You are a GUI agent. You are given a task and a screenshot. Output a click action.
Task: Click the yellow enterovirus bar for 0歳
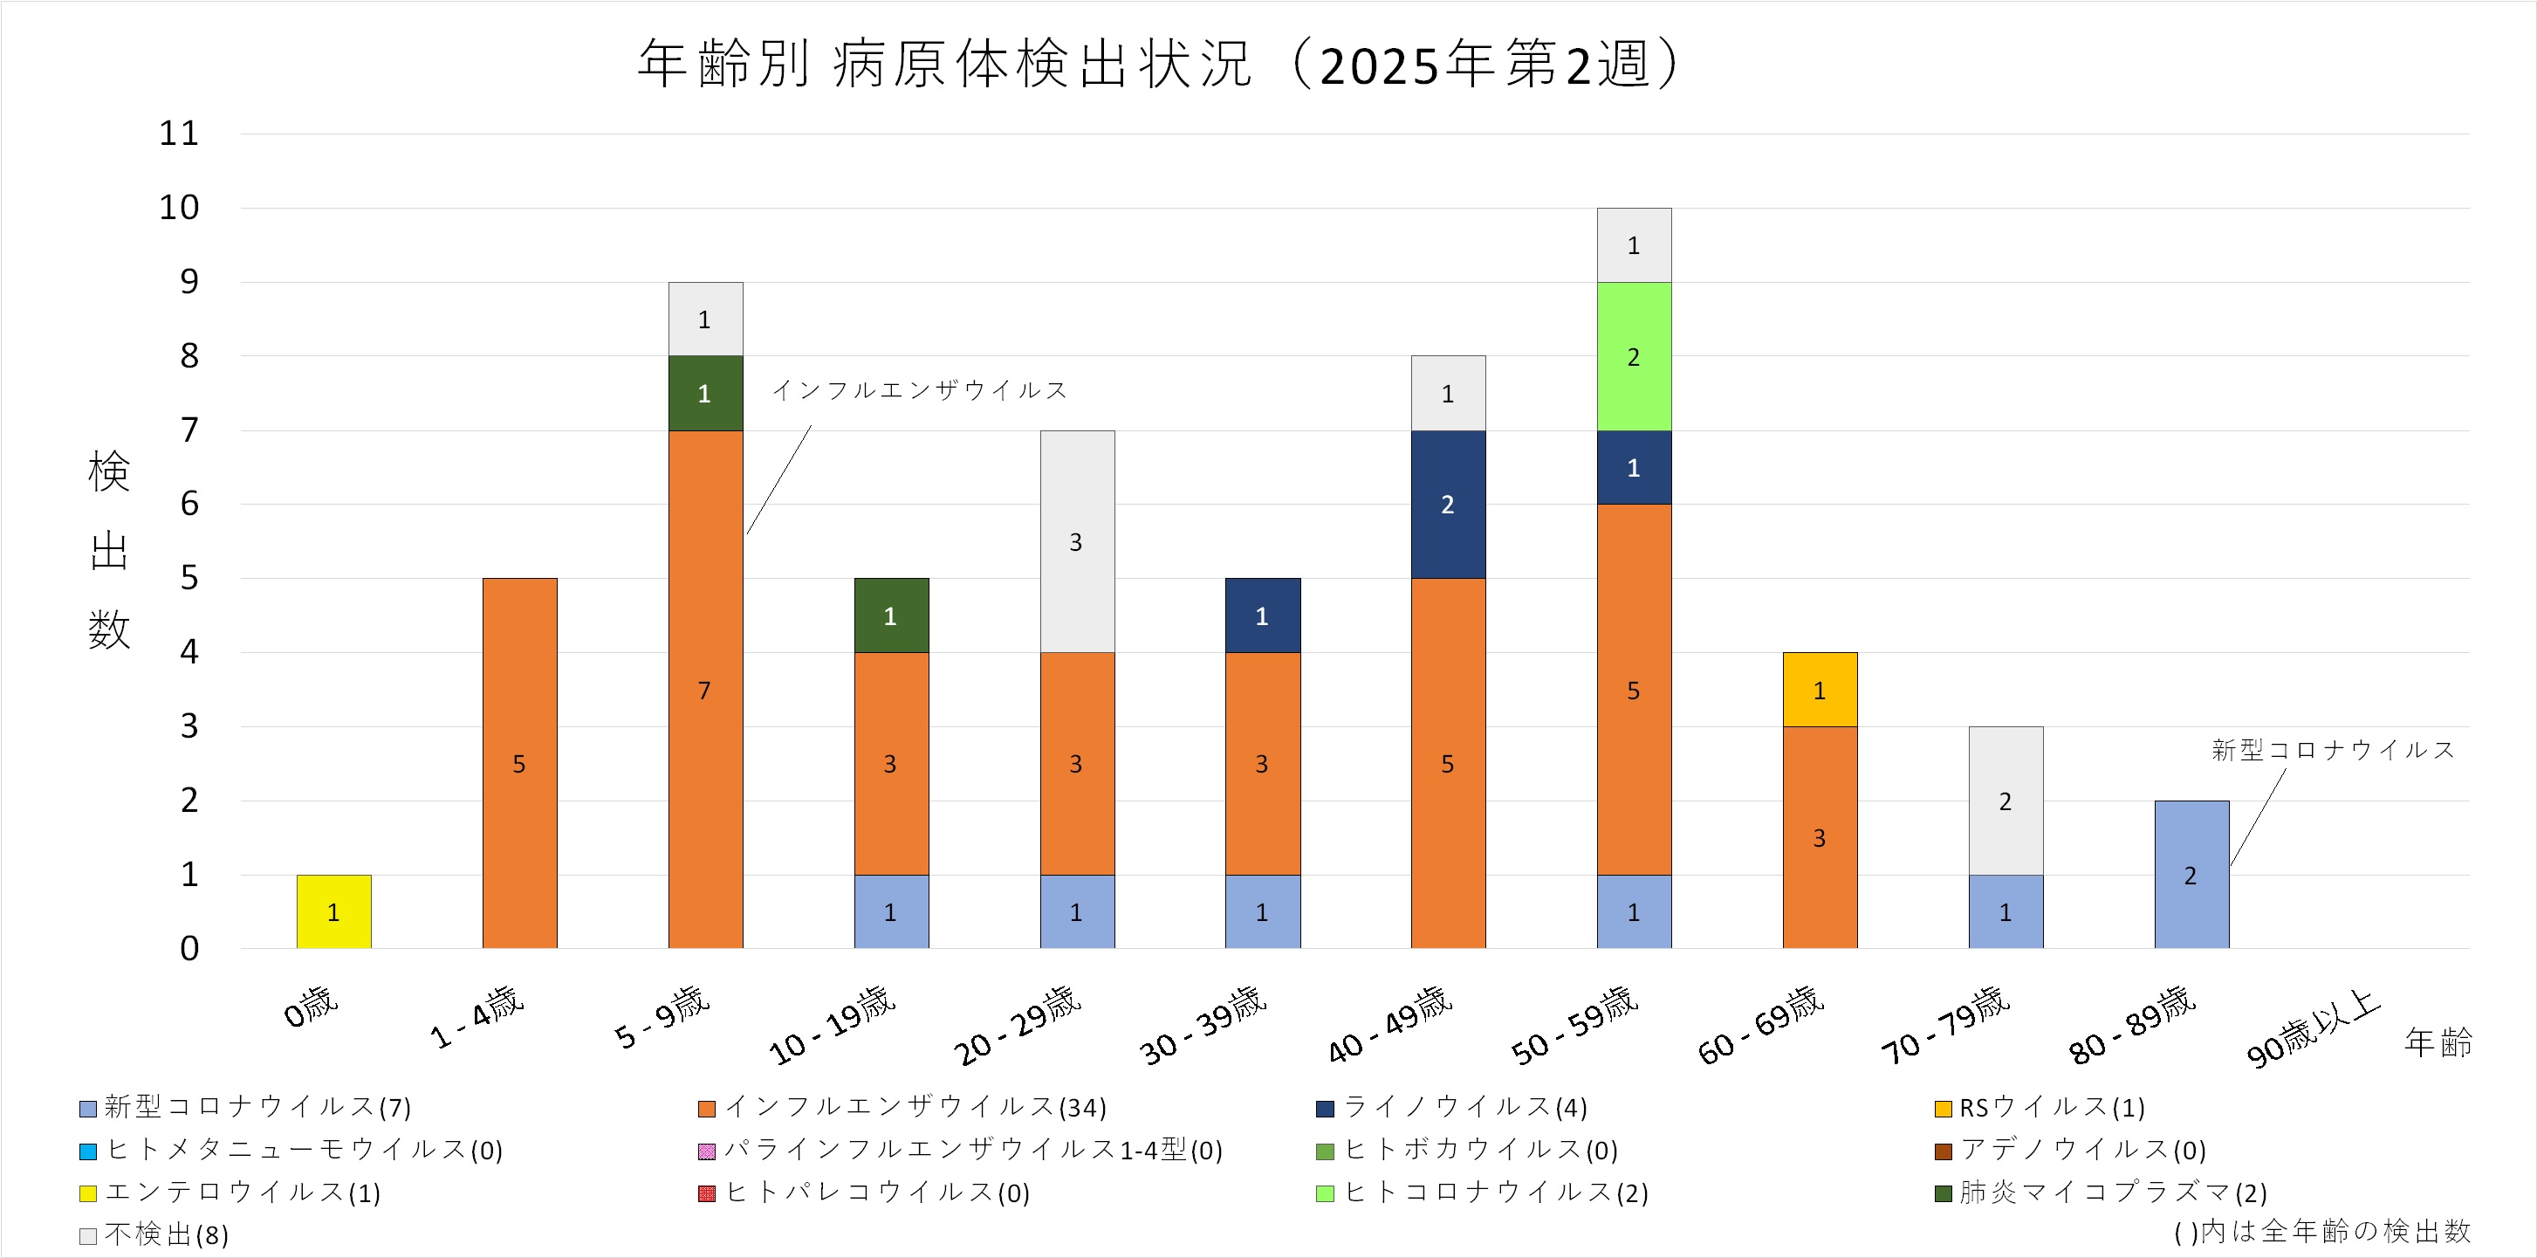[334, 911]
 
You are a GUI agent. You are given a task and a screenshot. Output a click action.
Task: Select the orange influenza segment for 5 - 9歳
[705, 690]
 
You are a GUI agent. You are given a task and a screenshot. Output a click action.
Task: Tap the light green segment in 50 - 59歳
[1634, 356]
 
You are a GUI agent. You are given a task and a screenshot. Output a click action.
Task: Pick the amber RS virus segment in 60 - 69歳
[1819, 690]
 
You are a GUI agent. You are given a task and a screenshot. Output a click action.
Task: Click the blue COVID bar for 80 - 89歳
[2191, 875]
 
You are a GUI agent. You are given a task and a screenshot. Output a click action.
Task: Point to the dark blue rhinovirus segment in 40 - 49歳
[1448, 505]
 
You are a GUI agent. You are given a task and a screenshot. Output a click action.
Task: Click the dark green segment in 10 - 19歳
[891, 615]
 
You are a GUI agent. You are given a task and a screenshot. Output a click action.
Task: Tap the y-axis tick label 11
[179, 133]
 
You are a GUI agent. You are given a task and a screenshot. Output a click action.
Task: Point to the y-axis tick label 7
[189, 430]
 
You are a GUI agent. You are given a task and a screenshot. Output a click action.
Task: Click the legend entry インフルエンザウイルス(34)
[915, 1107]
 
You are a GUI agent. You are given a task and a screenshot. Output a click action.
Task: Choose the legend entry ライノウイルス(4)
[1464, 1107]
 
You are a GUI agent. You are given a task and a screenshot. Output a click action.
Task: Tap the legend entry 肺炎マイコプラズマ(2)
[2113, 1192]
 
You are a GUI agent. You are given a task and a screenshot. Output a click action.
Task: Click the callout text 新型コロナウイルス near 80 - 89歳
[2332, 750]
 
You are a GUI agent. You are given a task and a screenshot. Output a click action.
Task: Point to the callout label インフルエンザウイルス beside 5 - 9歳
[920, 390]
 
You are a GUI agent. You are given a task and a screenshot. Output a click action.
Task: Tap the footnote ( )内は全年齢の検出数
[2322, 1230]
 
